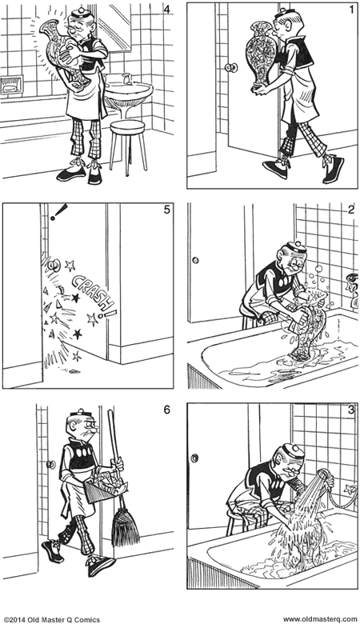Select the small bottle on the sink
pos(126,78)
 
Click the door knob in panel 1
pos(232,69)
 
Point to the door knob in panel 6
pos(50,463)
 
